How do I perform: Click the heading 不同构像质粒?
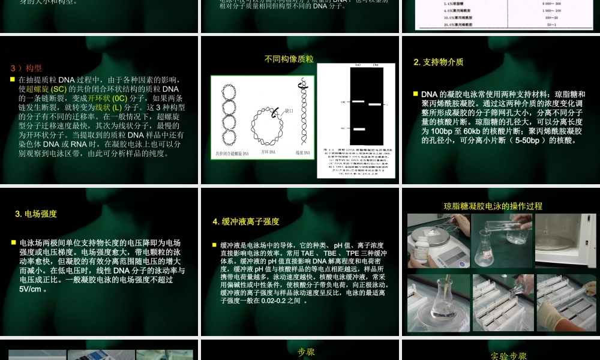[289, 59]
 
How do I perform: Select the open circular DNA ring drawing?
[263, 123]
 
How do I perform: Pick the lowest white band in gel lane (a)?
[359, 128]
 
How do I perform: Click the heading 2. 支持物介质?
[439, 62]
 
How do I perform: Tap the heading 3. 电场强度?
[36, 214]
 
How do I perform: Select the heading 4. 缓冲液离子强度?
[246, 221]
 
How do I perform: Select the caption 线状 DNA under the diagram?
[299, 154]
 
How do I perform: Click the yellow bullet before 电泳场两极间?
[14, 242]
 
